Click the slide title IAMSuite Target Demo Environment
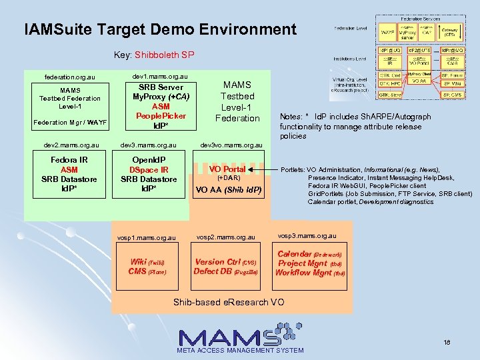[160, 29]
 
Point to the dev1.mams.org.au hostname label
[160, 76]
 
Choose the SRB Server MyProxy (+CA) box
[161, 106]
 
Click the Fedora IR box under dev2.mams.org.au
[69, 175]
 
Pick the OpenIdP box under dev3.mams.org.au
[149, 175]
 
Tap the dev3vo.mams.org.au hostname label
[231, 145]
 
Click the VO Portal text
[228, 169]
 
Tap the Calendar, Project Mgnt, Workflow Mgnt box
[311, 263]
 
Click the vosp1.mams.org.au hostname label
[147, 237]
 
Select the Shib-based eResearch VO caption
[229, 302]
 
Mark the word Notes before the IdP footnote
[291, 117]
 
